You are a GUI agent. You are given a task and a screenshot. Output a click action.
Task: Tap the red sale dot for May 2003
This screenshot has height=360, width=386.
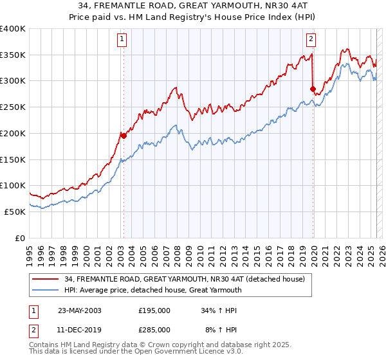[x=124, y=136]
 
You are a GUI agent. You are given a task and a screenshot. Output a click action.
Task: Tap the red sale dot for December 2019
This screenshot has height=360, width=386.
[x=313, y=89]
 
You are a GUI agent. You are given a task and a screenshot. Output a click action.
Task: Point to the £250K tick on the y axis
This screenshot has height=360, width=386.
[x=14, y=107]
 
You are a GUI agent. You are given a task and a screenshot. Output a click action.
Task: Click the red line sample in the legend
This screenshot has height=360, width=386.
[x=46, y=279]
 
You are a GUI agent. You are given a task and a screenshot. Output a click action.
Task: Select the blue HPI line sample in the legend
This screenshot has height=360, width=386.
[x=46, y=290]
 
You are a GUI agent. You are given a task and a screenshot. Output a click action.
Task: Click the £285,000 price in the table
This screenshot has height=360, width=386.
[x=154, y=329]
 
